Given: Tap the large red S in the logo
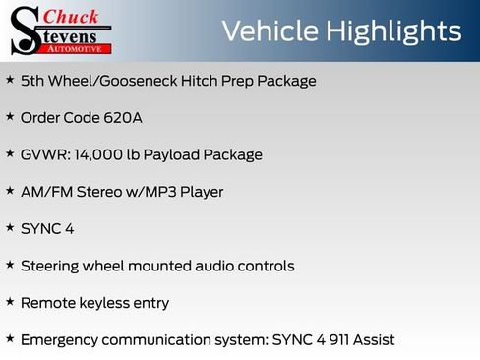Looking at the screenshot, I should coord(25,30).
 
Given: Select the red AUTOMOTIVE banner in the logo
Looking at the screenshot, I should coord(80,47).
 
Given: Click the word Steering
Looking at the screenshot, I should coord(51,266).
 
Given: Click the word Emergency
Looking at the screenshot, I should coord(61,339).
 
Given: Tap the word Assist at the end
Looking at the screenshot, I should coord(373,339).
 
